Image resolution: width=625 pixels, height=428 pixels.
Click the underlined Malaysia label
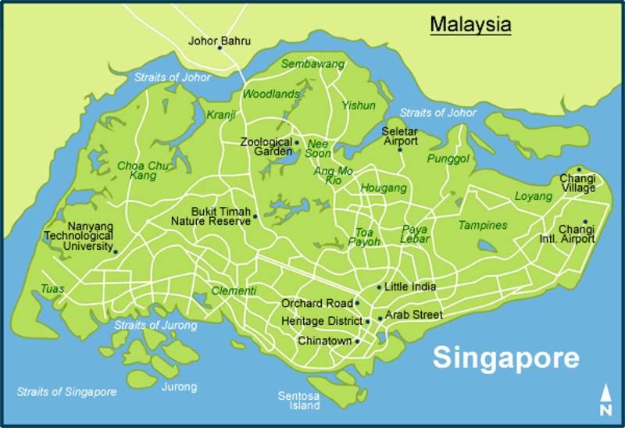coord(470,24)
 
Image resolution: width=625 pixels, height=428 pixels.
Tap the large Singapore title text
coord(506,358)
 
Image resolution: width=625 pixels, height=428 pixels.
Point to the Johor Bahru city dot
coord(220,48)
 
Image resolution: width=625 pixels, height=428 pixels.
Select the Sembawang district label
coord(312,64)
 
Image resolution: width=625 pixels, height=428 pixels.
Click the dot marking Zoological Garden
coord(296,142)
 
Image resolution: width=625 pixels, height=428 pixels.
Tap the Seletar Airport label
coord(400,136)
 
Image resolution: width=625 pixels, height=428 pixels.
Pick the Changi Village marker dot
coord(579,169)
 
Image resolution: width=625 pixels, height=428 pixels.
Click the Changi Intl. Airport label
coord(577,234)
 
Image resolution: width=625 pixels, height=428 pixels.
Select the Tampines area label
coord(482,225)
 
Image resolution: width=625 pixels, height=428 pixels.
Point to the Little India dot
coord(379,287)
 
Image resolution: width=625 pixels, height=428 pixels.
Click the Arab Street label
coord(413,316)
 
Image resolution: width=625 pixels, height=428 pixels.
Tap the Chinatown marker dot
coord(357,341)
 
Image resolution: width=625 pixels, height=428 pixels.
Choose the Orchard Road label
coord(316,303)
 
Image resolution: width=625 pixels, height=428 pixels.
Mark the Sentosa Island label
coord(299,401)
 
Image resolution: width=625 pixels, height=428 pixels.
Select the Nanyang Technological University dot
coord(115,251)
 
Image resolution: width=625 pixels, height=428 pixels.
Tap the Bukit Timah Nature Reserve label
coord(211,216)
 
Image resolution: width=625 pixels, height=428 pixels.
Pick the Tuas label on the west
coord(52,289)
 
